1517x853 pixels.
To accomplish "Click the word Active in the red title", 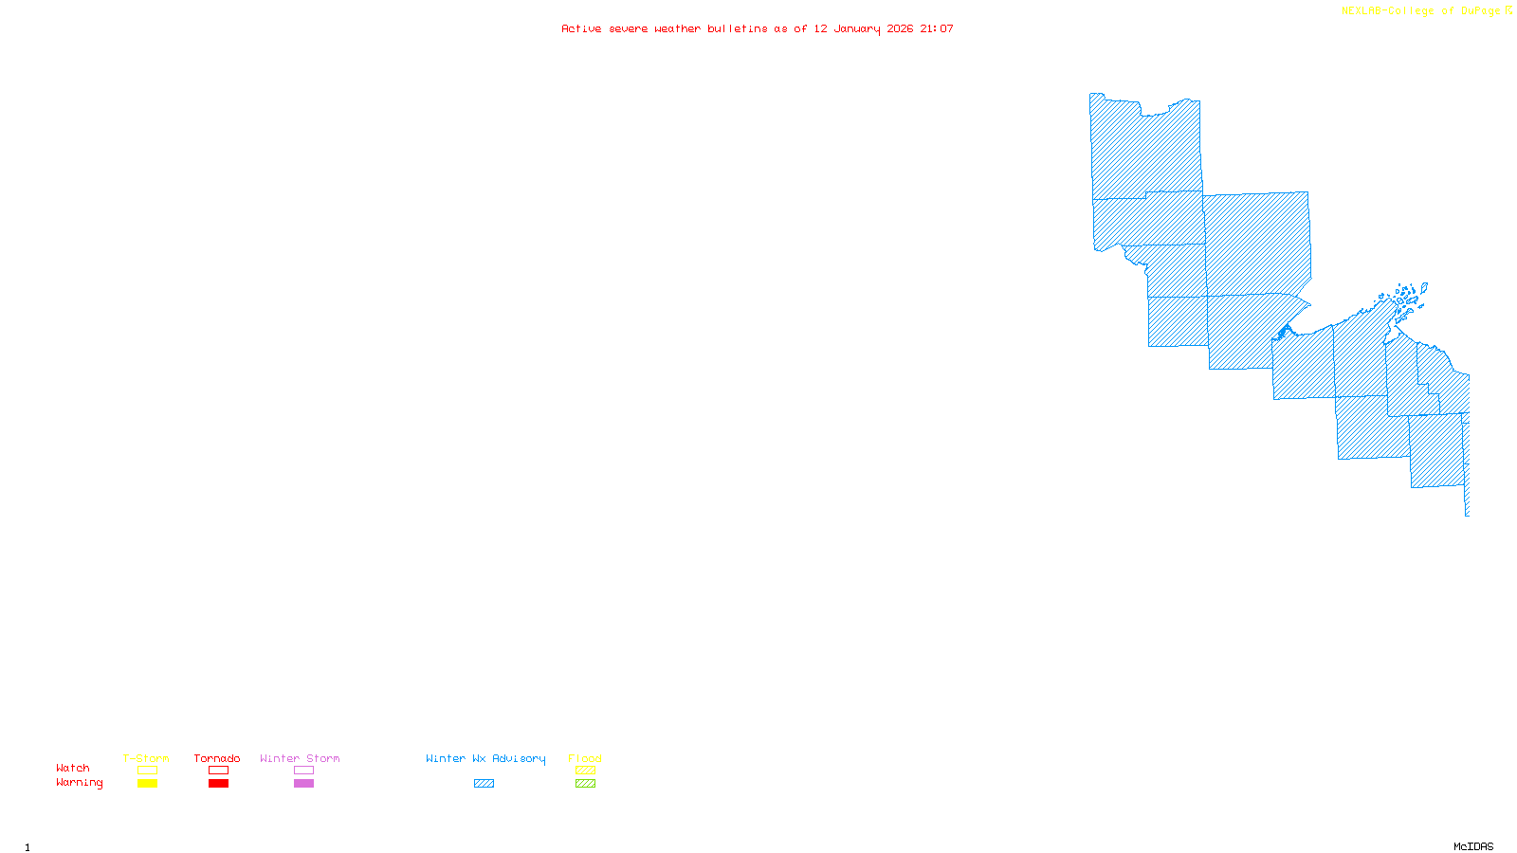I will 579,28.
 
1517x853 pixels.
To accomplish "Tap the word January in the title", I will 856,28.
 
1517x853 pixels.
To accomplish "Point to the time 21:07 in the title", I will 937,28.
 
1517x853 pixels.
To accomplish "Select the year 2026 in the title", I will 900,28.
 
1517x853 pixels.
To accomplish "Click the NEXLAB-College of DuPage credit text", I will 1420,11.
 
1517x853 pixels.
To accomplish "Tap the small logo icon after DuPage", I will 1508,10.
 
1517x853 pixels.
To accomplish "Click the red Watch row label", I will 73,768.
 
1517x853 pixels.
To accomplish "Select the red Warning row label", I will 79,783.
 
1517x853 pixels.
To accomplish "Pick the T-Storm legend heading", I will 146,758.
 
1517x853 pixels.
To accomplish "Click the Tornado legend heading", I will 217,758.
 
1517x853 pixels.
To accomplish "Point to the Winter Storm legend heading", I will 300,758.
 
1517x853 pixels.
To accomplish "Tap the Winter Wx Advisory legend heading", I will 485,758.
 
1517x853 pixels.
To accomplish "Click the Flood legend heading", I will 585,758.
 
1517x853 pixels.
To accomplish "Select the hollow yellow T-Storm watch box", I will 147,771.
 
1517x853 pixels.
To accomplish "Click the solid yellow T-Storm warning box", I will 147,784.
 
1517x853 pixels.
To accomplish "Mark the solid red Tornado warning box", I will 218,784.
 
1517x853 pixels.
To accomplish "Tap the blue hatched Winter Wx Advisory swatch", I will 484,784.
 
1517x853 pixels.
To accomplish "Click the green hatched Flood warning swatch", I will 585,784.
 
